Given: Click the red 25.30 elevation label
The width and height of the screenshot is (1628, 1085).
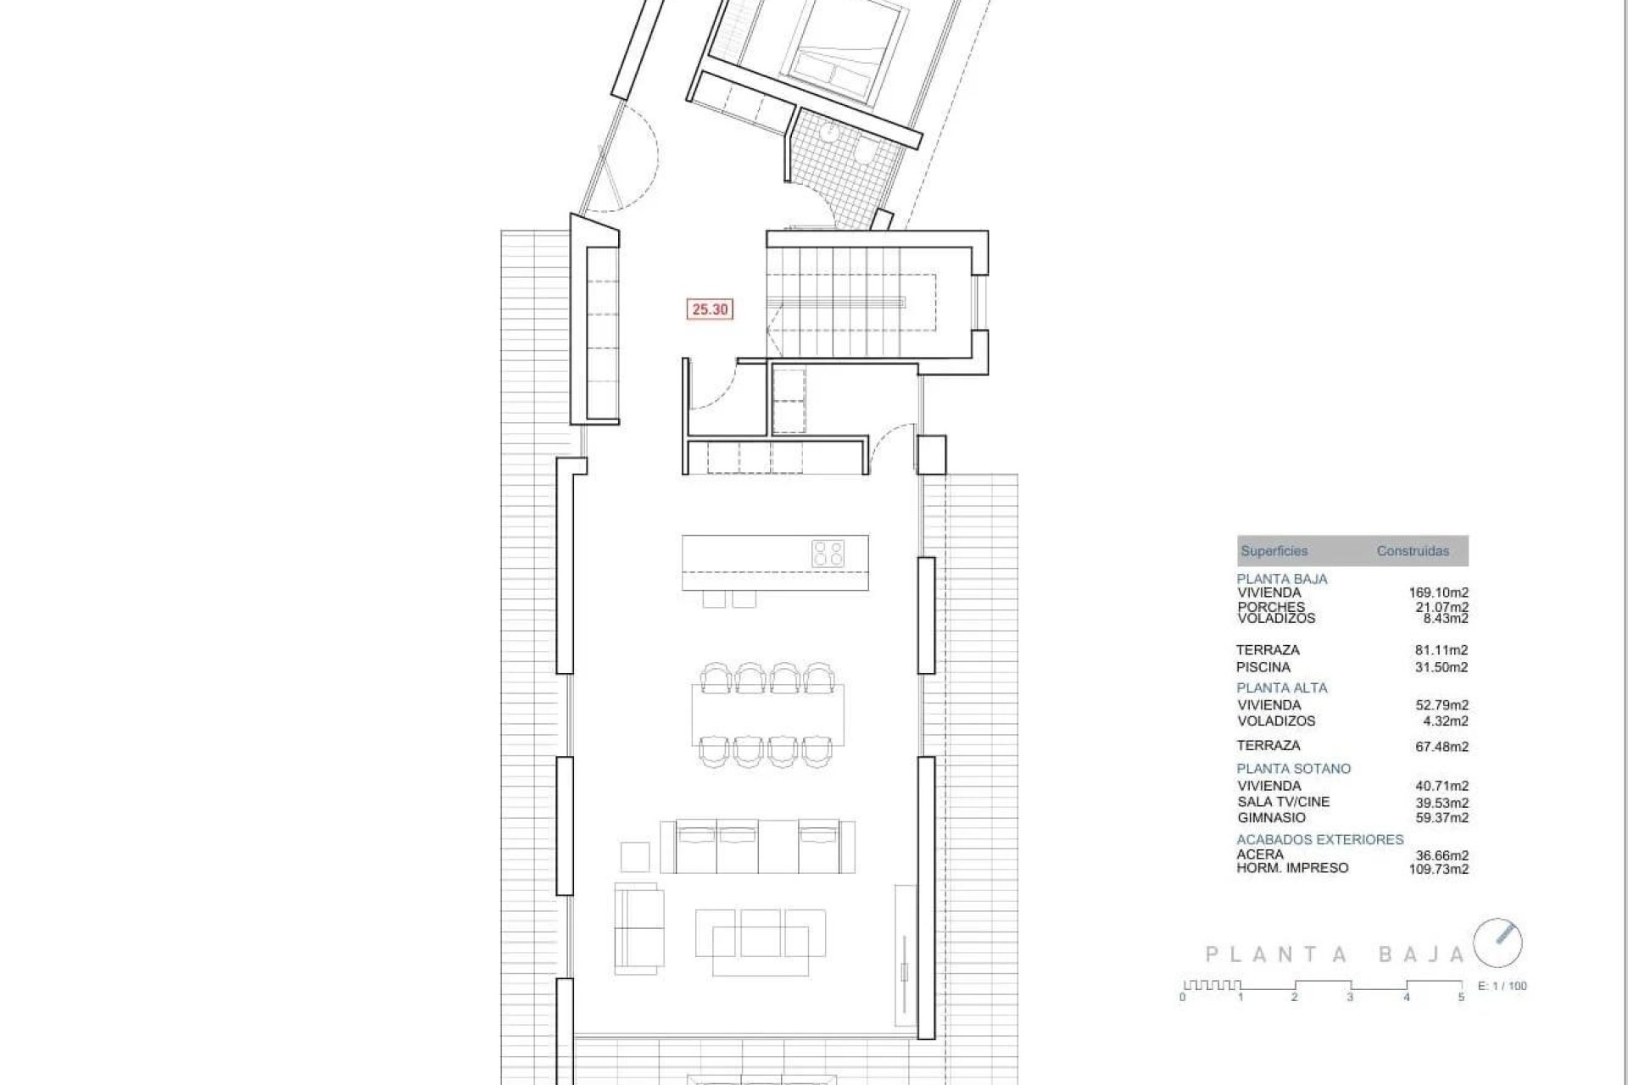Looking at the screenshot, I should [710, 309].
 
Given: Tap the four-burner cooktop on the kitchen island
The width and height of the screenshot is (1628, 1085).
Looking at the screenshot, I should [828, 554].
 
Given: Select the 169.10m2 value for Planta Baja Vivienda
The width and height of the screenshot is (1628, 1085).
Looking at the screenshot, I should [1438, 593].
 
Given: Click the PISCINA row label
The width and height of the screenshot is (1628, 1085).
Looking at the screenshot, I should [1263, 667].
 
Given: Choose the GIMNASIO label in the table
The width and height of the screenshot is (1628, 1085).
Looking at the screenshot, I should [1270, 818].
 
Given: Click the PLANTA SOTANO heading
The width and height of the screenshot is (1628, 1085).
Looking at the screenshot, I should [1293, 769].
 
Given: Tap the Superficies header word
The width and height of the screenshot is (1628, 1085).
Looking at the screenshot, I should [1274, 551].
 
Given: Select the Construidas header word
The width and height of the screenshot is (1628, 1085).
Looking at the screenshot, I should [1413, 551].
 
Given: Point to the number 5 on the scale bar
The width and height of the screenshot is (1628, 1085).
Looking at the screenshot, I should [1461, 998].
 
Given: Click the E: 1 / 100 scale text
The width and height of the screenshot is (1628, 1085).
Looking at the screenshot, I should [1502, 986].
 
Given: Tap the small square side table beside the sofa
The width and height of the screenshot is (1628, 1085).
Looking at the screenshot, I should [635, 856].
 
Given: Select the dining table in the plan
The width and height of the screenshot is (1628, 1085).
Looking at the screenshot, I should [768, 714].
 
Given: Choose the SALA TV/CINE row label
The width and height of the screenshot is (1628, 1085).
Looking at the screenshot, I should [1283, 802].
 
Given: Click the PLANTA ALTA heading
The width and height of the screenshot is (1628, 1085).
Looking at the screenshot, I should [1282, 687].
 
